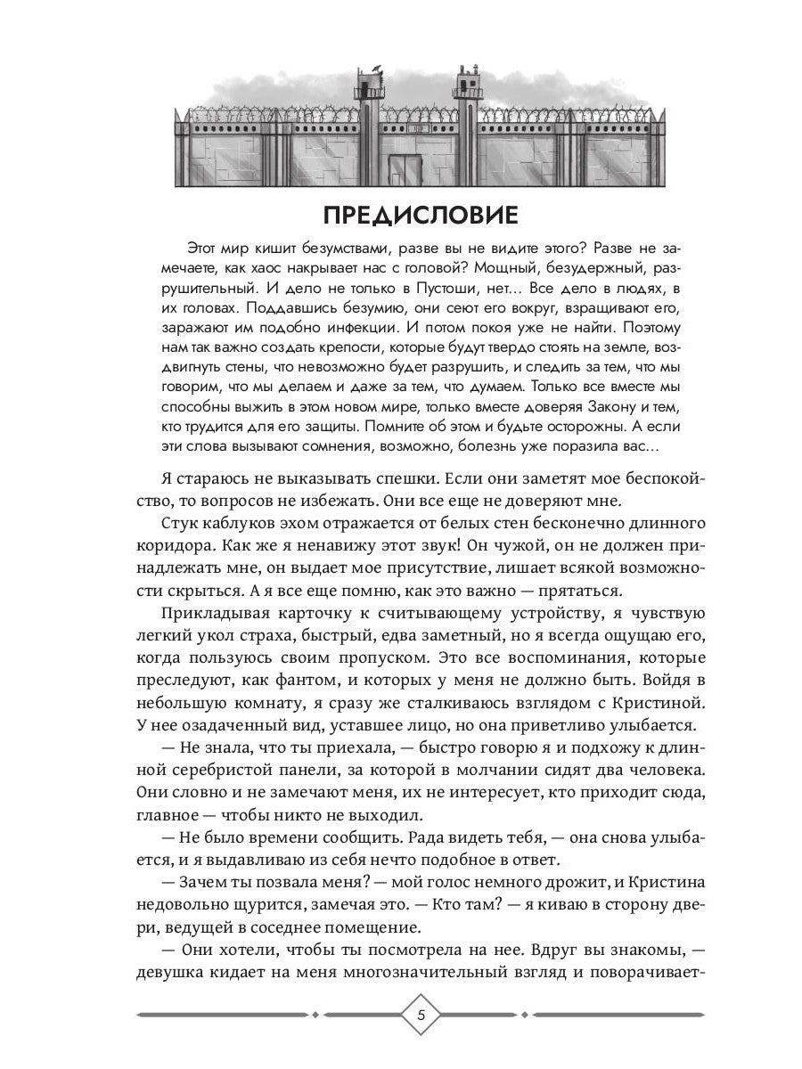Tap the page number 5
click(423, 1016)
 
